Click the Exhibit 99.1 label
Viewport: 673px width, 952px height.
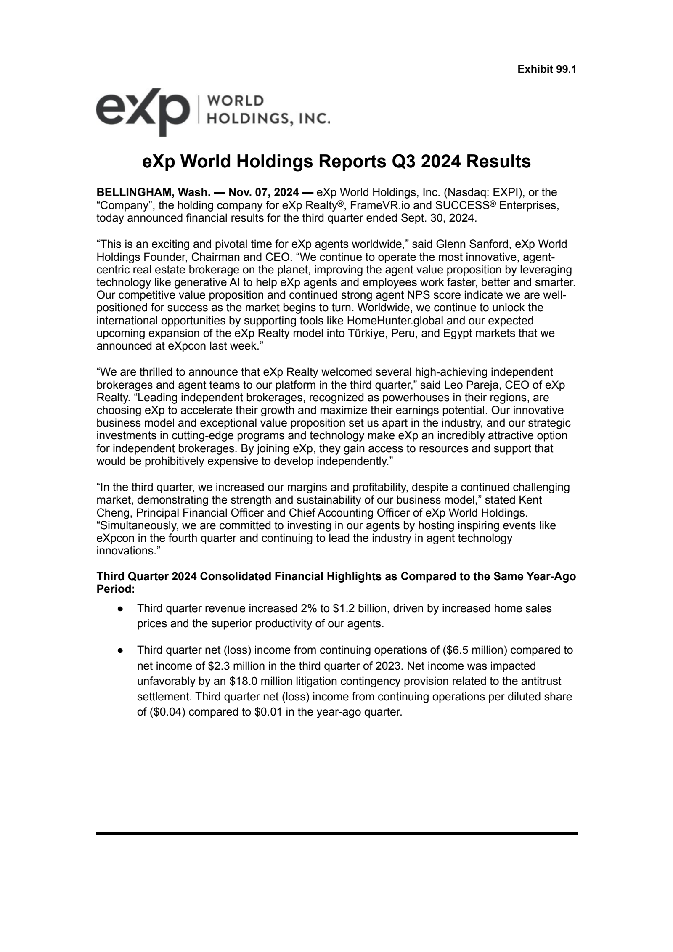[x=546, y=69]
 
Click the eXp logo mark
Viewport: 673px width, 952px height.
[x=142, y=111]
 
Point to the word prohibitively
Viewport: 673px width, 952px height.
[x=180, y=461]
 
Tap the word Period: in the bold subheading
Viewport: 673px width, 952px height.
[x=116, y=589]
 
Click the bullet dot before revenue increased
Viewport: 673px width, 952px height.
[x=121, y=609]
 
